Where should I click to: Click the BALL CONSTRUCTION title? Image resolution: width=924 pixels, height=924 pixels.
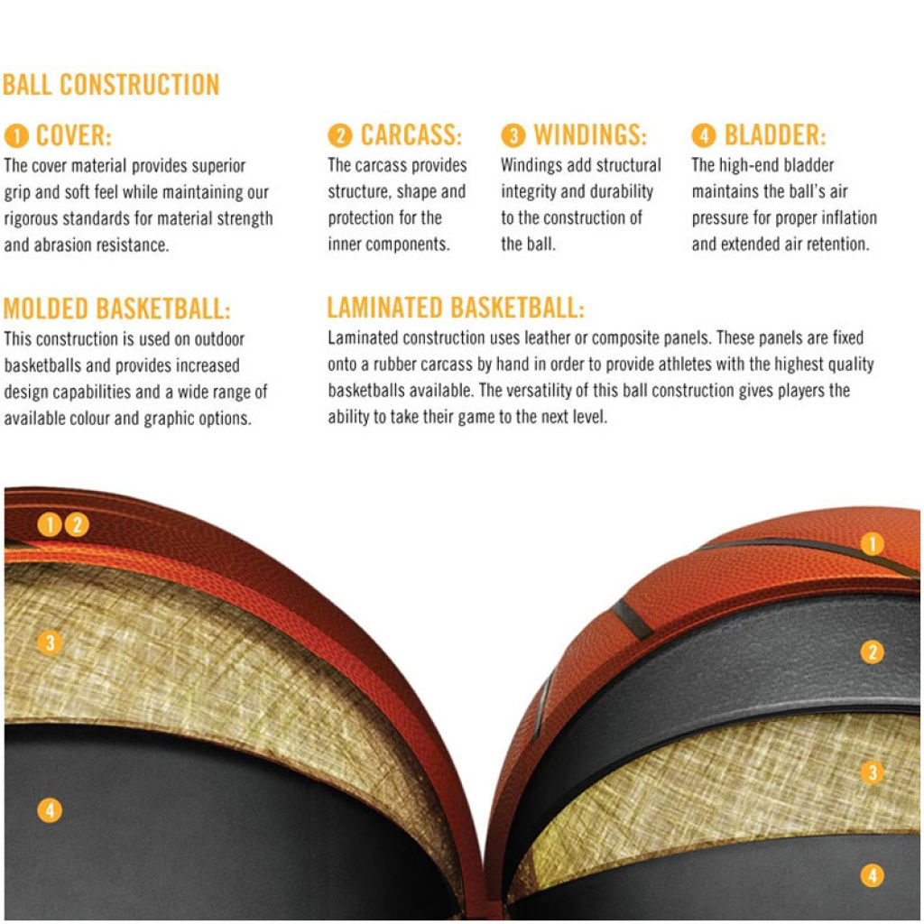tap(111, 84)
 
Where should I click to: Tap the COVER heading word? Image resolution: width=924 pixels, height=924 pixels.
tap(74, 135)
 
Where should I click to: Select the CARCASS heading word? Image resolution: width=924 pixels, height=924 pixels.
tap(411, 135)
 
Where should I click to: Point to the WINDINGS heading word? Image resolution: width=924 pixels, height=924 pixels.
tap(590, 135)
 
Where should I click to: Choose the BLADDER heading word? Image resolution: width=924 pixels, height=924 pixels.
tap(775, 135)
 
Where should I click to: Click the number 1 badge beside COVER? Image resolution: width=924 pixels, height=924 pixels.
tap(16, 136)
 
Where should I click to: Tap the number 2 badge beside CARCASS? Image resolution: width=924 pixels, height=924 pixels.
tap(340, 135)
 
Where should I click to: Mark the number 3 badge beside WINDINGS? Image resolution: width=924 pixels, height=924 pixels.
tap(513, 135)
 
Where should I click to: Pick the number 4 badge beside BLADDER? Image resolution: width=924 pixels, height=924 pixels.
tap(704, 135)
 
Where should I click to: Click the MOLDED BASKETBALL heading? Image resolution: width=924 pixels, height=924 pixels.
tap(116, 309)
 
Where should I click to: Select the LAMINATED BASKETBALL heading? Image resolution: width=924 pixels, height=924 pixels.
tap(456, 308)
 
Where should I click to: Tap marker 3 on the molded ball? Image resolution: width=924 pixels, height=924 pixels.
tap(50, 642)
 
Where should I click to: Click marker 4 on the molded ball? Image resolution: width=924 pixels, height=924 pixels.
tap(50, 810)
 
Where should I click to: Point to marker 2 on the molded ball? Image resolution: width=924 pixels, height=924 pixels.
tap(78, 524)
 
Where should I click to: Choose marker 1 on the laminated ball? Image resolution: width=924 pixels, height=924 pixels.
tap(873, 543)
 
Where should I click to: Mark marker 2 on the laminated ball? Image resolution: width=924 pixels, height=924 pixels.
tap(873, 651)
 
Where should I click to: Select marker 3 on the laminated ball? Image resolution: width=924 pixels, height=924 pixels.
tap(873, 772)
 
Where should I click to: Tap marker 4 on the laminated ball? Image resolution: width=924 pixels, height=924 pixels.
tap(873, 875)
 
